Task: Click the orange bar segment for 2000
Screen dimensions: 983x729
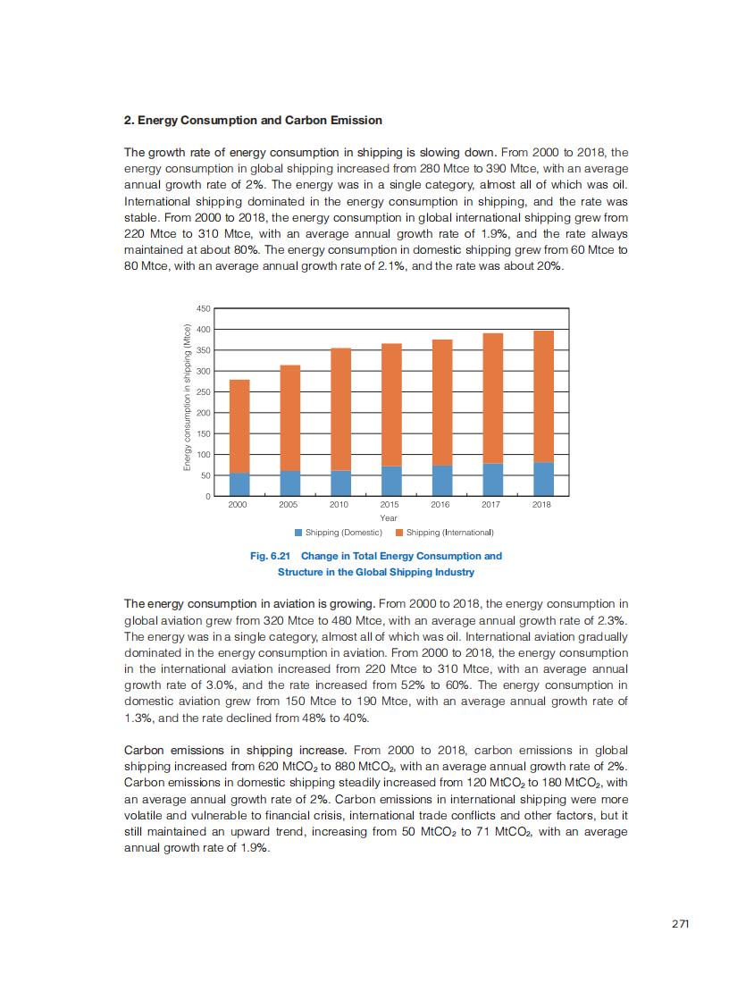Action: coord(239,426)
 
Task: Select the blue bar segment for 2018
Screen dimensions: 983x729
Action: coord(543,478)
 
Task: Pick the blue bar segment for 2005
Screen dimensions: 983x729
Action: coord(289,483)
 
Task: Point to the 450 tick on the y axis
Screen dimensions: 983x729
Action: coord(203,308)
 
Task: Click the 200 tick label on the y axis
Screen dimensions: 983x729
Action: coord(203,413)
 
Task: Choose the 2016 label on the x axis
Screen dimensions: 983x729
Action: coord(440,505)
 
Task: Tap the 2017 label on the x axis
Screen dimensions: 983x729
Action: coord(491,505)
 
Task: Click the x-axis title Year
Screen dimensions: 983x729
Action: coord(389,518)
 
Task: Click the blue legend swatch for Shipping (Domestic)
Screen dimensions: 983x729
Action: coord(298,533)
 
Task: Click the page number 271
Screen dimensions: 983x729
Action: coord(680,924)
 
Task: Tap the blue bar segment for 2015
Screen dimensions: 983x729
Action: coord(390,481)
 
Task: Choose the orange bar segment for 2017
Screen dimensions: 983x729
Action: coord(492,399)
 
